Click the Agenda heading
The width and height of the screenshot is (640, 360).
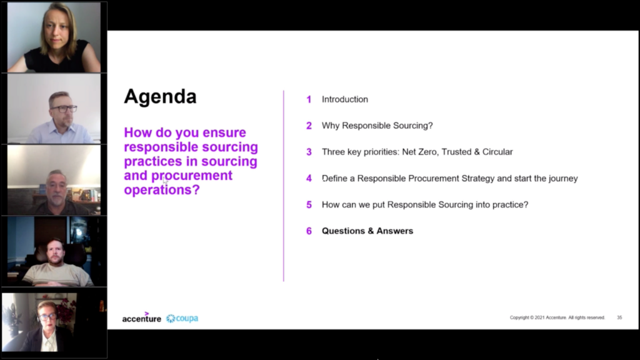(x=160, y=97)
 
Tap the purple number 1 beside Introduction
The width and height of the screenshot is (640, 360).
(x=309, y=99)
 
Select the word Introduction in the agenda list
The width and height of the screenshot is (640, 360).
(x=345, y=99)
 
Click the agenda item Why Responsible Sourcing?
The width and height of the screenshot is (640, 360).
(x=377, y=126)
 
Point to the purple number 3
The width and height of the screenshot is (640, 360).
(x=309, y=152)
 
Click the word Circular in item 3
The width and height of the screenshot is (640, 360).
(x=497, y=152)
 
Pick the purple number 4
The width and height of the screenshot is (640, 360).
(x=309, y=178)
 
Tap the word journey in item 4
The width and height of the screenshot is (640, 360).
(x=563, y=179)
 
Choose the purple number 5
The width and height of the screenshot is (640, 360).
(x=309, y=205)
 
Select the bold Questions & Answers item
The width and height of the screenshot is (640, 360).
(x=367, y=231)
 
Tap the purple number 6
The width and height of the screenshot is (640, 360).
(x=309, y=231)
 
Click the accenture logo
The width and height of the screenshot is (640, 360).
(x=142, y=317)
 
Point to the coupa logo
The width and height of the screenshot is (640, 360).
(x=182, y=318)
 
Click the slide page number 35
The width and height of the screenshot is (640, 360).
(x=619, y=317)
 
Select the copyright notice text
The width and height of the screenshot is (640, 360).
(x=557, y=317)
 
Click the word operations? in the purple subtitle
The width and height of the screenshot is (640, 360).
(x=162, y=190)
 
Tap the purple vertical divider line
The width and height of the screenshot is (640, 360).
(x=283, y=186)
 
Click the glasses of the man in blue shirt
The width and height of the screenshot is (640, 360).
(x=64, y=109)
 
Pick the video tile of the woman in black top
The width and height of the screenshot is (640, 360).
(x=54, y=37)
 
